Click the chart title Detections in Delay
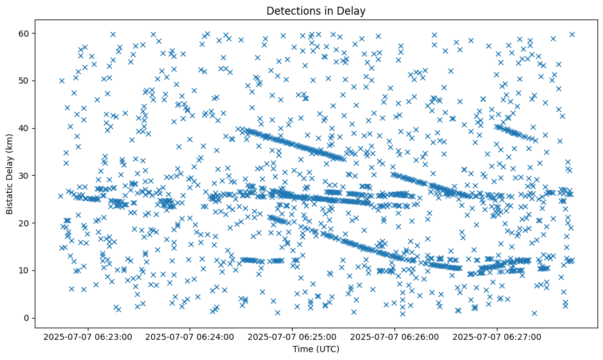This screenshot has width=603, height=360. pyautogui.click(x=316, y=10)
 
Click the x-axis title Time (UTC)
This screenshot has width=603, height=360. pyautogui.click(x=316, y=349)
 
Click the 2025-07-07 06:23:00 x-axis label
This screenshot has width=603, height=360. pyautogui.click(x=88, y=336)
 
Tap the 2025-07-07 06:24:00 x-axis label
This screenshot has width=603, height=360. pyautogui.click(x=190, y=336)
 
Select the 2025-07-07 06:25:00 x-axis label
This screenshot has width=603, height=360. pyautogui.click(x=293, y=336)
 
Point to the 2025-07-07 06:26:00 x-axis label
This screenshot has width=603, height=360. pyautogui.click(x=395, y=336)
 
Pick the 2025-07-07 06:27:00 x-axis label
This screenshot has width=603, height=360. pyautogui.click(x=498, y=336)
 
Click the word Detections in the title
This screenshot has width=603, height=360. pyautogui.click(x=290, y=10)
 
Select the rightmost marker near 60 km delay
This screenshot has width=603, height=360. pyautogui.click(x=572, y=34)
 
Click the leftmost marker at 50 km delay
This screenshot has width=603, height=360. pyautogui.click(x=62, y=81)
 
